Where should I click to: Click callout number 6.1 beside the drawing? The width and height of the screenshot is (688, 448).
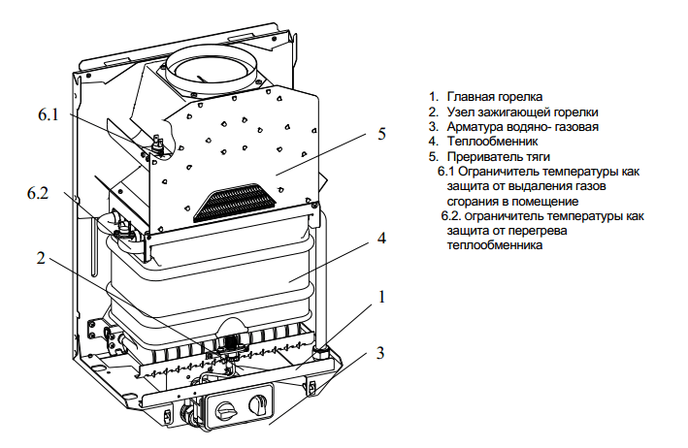click(x=49, y=114)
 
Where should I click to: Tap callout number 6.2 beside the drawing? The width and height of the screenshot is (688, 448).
click(x=38, y=193)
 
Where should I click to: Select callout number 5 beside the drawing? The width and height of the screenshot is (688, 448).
click(x=381, y=134)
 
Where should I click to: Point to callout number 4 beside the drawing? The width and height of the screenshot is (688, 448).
click(x=381, y=239)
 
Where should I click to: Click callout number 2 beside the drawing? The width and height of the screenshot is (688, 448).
click(x=41, y=258)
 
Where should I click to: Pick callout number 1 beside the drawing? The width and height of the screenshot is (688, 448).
click(x=381, y=297)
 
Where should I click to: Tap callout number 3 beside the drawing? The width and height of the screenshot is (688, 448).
click(x=380, y=353)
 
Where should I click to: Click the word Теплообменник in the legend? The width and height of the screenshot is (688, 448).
click(x=492, y=142)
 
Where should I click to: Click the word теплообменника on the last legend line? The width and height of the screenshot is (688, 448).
click(x=495, y=244)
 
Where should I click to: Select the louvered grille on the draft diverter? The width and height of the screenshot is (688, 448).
click(x=235, y=202)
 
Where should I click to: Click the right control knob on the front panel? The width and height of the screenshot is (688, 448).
click(x=256, y=403)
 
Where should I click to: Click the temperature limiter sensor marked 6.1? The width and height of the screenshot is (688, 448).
click(x=158, y=144)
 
